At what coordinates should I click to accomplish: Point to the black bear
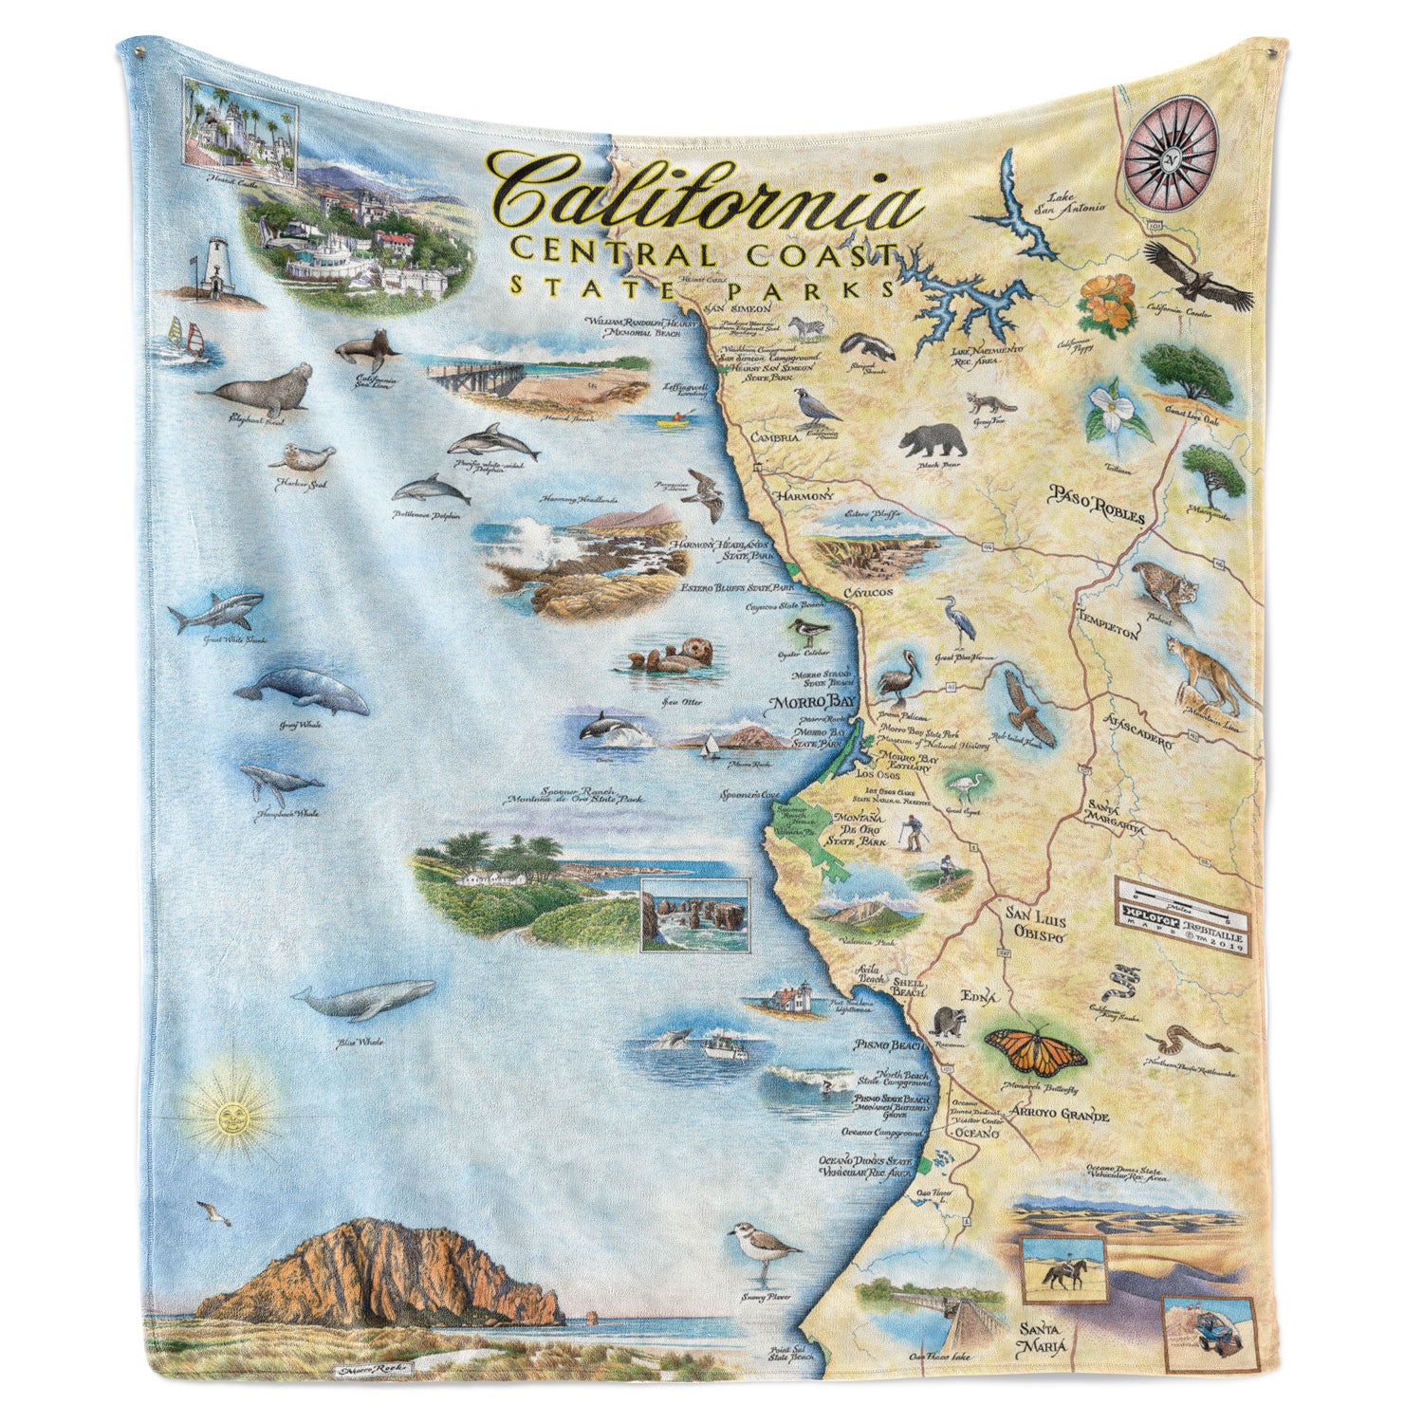933,440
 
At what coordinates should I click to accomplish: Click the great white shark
215,612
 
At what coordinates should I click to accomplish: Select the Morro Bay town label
804,705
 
